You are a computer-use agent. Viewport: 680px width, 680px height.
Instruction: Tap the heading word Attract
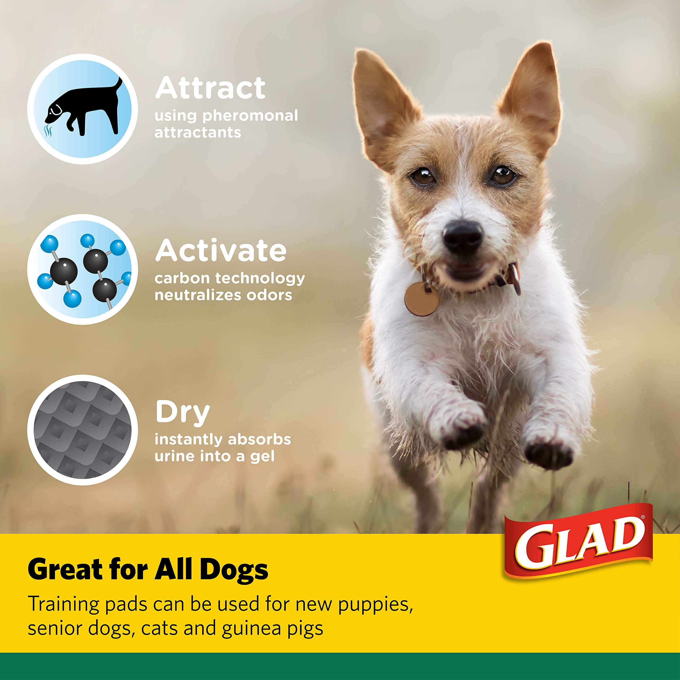(x=210, y=88)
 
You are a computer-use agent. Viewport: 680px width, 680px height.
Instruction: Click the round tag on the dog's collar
(x=422, y=299)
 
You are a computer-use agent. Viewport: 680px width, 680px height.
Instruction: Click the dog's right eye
(x=503, y=175)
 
